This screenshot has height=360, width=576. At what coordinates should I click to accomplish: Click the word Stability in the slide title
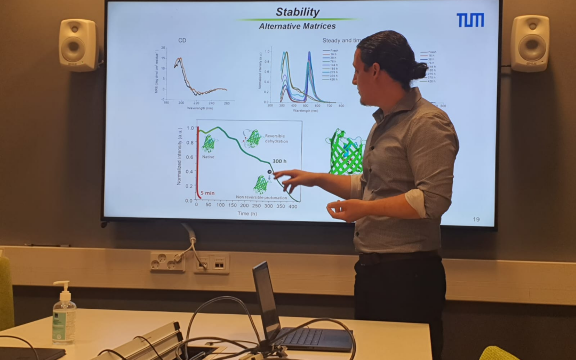coord(298,12)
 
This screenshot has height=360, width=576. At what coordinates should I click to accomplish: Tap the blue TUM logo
coord(470,20)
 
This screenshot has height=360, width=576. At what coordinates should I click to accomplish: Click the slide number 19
coord(476,219)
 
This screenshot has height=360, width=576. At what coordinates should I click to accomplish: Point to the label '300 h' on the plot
coord(279,161)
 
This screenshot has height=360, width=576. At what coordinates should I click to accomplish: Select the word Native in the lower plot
coord(208,157)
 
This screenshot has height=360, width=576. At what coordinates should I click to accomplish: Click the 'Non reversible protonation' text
coord(261,198)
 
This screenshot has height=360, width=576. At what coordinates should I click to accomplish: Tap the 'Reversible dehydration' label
coord(276,139)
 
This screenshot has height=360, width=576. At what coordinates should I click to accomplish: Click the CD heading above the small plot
coord(182,40)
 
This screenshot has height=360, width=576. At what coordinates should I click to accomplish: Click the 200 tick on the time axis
coord(244,205)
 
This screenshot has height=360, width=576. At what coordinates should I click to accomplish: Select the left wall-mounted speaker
coord(78,45)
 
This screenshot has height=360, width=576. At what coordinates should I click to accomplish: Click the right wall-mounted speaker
coord(531,43)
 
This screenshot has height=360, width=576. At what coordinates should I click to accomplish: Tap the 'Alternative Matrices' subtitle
coord(297,26)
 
